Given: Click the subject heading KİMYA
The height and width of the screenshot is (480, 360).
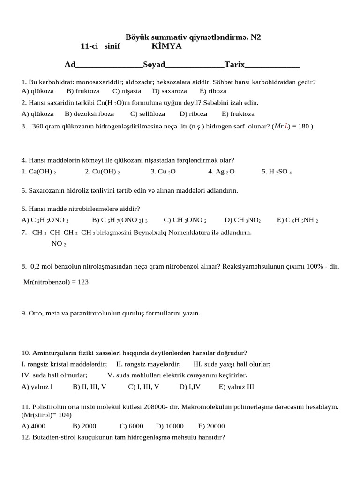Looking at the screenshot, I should pos(166,46).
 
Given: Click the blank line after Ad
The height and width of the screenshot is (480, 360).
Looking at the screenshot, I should pos(109,66).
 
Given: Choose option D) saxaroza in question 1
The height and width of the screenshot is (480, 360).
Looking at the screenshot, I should pos(169,91).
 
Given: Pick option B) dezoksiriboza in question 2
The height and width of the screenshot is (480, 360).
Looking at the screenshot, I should pos(89,113).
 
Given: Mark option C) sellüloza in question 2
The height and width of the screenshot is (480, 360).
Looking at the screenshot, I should pos(148,113).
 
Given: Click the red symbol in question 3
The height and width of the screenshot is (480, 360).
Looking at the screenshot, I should pos(285,126).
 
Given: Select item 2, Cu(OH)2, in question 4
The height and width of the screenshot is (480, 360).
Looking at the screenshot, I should pos(102,172).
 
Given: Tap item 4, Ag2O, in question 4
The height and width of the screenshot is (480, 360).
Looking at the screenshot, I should pos(221,172).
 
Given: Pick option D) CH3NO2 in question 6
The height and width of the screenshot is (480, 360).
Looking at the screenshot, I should pos(242,220).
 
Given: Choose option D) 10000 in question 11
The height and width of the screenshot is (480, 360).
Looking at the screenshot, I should pos(170,426).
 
